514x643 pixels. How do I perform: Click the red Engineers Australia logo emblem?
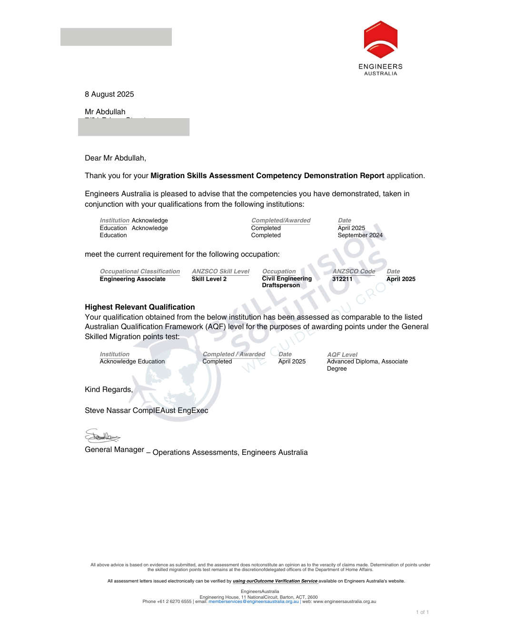click(x=381, y=40)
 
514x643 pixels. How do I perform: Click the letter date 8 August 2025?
click(x=109, y=94)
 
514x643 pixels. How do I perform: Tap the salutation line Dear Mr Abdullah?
click(x=115, y=158)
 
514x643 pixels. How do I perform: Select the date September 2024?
click(x=360, y=235)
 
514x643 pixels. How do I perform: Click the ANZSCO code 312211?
click(x=342, y=279)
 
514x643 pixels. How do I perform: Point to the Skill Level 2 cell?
click(x=209, y=279)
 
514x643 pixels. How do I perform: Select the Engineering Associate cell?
click(x=132, y=279)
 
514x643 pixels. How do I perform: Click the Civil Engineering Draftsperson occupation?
click(x=287, y=282)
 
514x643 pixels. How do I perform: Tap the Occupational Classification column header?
click(x=139, y=271)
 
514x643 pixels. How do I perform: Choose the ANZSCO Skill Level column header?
click(x=220, y=271)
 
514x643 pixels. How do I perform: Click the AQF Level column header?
click(x=342, y=355)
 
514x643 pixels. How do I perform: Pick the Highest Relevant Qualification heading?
click(x=139, y=307)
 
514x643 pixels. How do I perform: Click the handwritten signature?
click(x=102, y=436)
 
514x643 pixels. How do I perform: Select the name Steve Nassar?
click(x=108, y=411)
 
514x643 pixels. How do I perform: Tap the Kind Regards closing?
click(x=109, y=390)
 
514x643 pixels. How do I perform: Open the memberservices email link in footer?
click(x=253, y=602)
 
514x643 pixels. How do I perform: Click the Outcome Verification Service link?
click(x=275, y=581)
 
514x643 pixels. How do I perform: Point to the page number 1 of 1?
click(x=422, y=613)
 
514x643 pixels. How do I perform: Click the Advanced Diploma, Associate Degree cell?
click(x=367, y=365)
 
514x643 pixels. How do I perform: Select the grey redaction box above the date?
click(x=116, y=37)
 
